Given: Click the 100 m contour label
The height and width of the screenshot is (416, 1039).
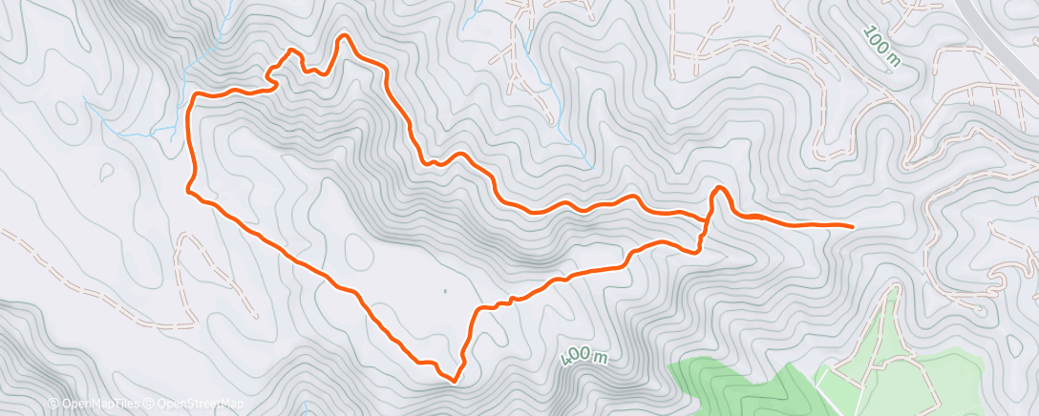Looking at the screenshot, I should (x=881, y=47).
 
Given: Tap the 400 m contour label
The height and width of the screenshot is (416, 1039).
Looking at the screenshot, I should (x=583, y=358).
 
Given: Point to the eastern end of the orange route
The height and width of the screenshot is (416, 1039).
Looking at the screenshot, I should (x=851, y=226).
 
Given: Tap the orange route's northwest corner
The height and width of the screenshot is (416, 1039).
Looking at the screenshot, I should (x=195, y=96).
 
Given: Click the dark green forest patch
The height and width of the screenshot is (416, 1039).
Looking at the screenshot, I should (x=726, y=382).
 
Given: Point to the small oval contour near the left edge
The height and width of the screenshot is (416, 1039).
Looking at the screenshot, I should (x=67, y=113).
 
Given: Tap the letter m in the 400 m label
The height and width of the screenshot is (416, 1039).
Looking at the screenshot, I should (x=599, y=359).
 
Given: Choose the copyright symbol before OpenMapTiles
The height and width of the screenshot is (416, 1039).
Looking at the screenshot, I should (x=53, y=405).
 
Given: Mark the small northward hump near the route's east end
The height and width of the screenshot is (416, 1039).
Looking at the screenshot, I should (x=718, y=188).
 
